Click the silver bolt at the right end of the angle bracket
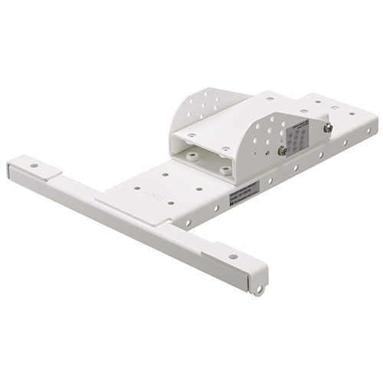click(x=327, y=128)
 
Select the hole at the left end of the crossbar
click(x=34, y=165)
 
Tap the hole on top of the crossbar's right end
click(x=232, y=256)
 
